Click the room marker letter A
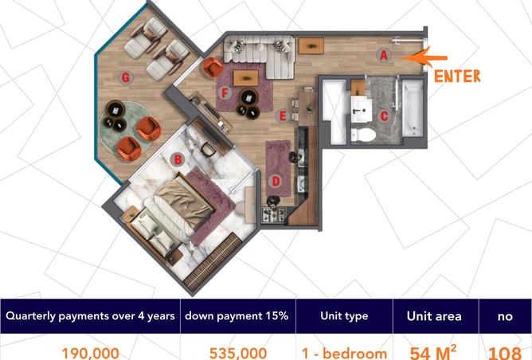383,55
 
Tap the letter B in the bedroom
178,159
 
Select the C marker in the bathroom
384,116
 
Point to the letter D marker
276,181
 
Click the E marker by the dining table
282,116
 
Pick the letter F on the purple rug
225,92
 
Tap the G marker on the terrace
126,78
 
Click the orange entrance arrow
422,57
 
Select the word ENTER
457,76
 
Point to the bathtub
413,108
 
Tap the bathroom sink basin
361,109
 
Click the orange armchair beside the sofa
213,67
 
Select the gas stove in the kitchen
273,214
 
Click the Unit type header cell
344,316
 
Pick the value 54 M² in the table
433,353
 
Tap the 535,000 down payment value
238,353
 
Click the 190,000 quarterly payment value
90,353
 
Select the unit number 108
504,353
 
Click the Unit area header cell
436,316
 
